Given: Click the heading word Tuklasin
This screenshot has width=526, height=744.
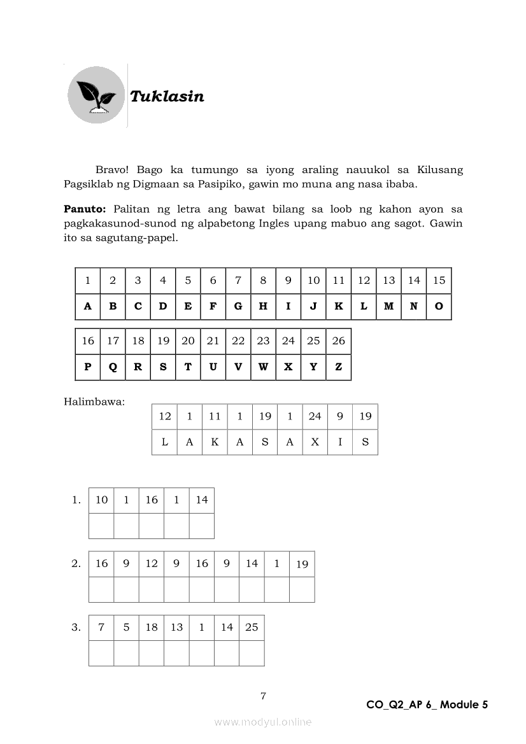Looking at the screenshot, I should click(x=167, y=97).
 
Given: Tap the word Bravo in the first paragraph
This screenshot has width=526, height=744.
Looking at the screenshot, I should click(x=112, y=170).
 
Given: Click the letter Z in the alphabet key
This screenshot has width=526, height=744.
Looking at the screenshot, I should click(x=338, y=367).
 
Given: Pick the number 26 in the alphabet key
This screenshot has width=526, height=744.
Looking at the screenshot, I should click(x=338, y=340).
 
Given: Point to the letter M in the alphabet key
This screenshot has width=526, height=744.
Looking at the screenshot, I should click(x=388, y=306).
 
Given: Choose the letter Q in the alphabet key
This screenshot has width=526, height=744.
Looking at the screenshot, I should click(x=113, y=367).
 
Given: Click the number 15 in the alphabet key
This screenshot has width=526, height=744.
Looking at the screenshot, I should click(x=439, y=280).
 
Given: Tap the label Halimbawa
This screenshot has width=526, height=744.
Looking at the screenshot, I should click(x=94, y=402).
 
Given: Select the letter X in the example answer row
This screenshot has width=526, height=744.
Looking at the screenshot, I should click(x=315, y=442).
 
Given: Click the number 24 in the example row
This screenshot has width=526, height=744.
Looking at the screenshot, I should click(x=315, y=416).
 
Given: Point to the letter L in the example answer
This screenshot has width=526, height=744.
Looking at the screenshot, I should click(x=164, y=442).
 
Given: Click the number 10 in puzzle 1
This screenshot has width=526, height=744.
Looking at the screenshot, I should click(x=101, y=500).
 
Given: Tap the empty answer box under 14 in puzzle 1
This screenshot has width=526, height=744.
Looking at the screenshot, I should click(x=201, y=526).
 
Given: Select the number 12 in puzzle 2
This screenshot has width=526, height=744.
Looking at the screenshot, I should click(x=152, y=563).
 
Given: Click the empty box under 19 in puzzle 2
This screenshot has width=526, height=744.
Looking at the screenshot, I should click(x=302, y=589).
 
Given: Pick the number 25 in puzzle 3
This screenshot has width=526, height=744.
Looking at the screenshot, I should click(x=252, y=627).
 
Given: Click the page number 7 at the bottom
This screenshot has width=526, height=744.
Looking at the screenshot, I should click(x=263, y=696).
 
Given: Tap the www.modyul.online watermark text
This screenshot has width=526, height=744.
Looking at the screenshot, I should click(x=263, y=722).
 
